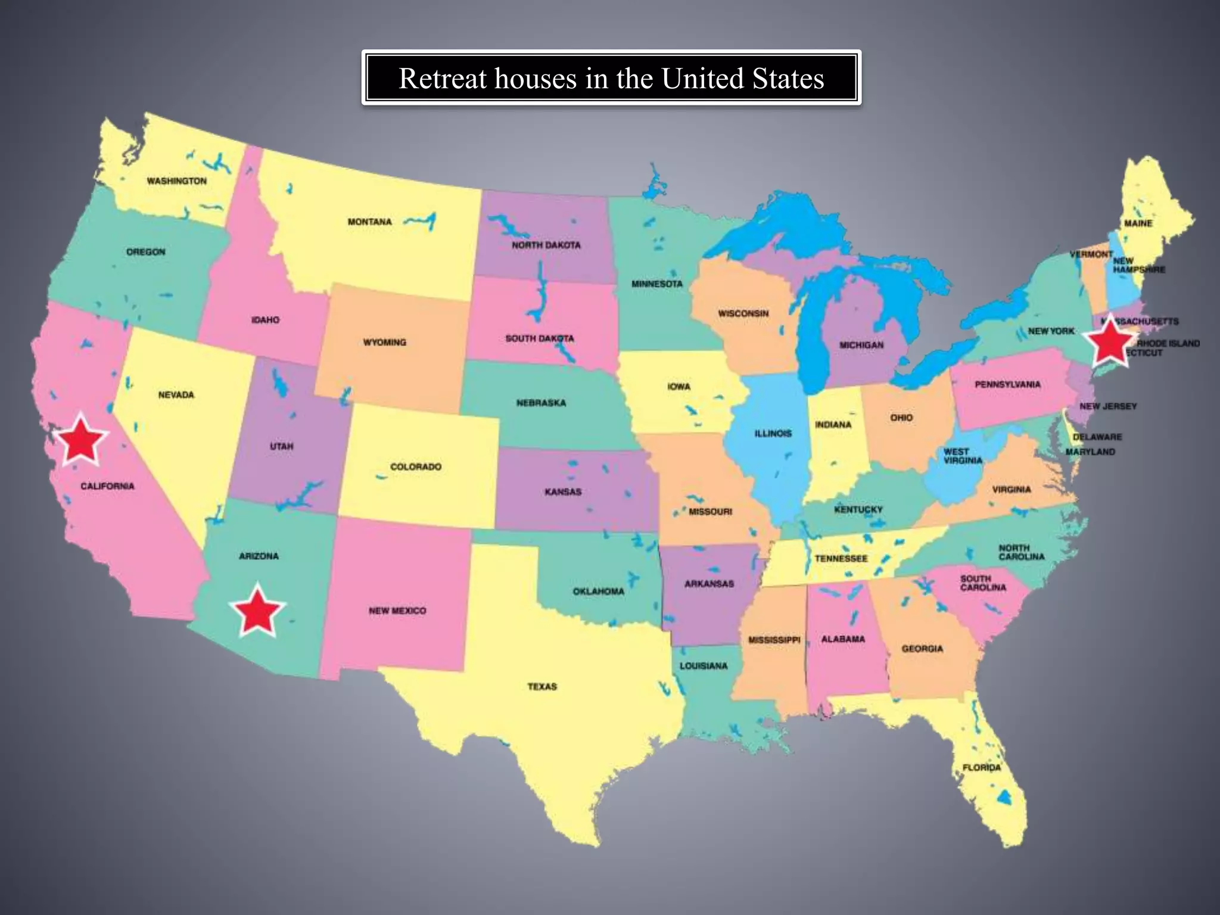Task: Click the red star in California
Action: (80, 440)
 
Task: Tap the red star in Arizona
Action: (257, 611)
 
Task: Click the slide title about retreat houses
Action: (611, 78)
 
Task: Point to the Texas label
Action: (542, 687)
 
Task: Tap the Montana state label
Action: (370, 222)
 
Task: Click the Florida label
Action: (982, 767)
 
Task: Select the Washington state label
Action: (177, 181)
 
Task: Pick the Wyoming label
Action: (385, 343)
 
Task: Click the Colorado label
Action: (416, 466)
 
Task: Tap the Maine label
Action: (1138, 223)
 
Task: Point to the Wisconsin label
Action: (743, 313)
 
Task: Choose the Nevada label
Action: (176, 394)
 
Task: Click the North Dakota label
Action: (546, 245)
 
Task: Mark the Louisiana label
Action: (704, 665)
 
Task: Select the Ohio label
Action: (901, 418)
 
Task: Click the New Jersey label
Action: (1108, 406)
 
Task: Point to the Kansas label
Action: (563, 492)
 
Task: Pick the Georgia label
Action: (922, 649)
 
